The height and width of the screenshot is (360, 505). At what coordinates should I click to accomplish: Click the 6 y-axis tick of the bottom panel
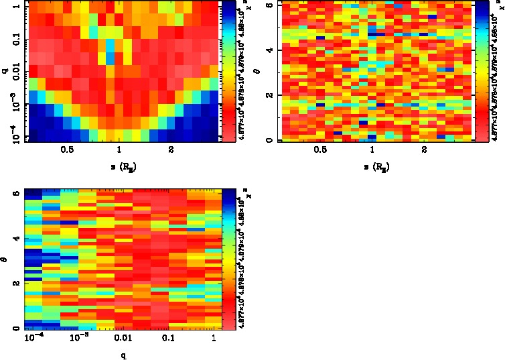pos(15,193)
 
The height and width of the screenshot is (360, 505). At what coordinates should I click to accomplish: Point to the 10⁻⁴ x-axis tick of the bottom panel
pos(33,339)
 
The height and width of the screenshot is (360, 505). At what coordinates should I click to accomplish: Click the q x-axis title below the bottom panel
pos(124,355)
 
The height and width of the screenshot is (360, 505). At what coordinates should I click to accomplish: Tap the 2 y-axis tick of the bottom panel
pos(15,284)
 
